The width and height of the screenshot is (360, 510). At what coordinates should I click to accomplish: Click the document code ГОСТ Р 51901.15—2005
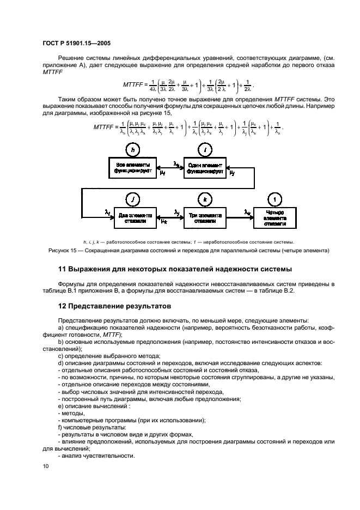click(x=76, y=42)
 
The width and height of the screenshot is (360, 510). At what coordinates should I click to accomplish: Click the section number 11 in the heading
click(x=63, y=269)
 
